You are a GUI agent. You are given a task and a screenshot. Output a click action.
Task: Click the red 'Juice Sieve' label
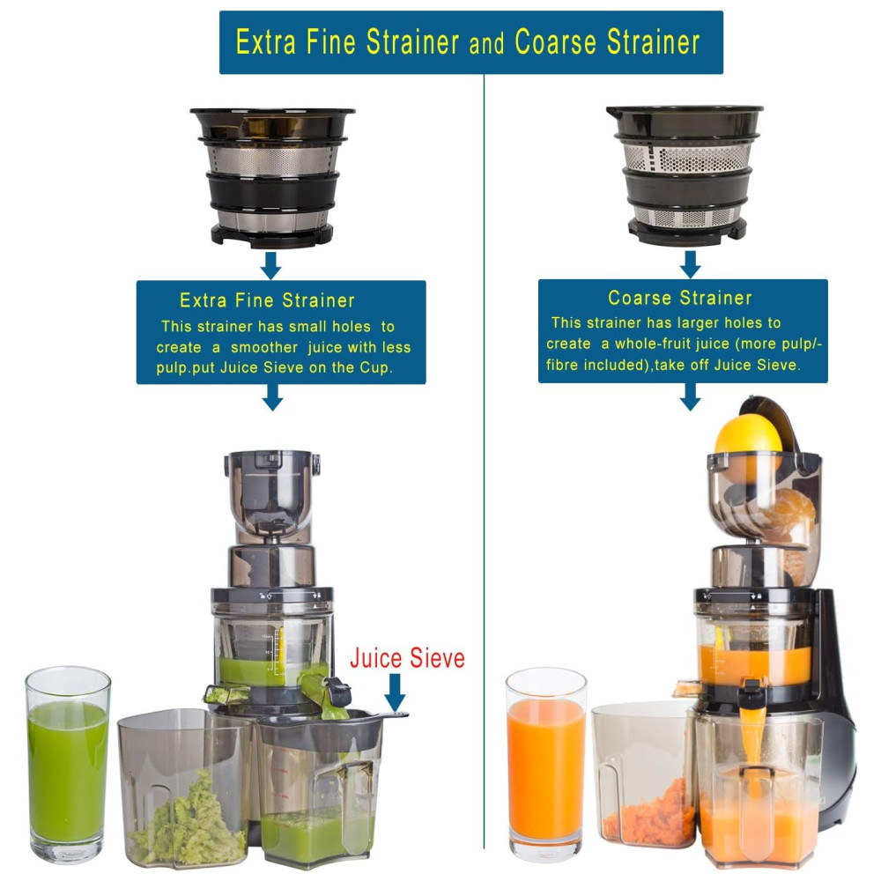407,658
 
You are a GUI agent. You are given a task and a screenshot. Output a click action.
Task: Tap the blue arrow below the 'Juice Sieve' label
395,692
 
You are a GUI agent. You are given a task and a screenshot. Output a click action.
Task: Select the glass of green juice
68,765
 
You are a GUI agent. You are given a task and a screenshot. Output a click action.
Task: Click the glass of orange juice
546,765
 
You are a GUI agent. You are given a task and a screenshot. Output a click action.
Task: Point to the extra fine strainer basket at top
272,178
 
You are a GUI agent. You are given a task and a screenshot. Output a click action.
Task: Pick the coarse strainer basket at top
685,175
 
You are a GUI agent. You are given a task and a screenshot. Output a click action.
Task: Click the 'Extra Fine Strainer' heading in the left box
267,300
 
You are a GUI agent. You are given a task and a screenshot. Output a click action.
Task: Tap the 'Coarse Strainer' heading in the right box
680,298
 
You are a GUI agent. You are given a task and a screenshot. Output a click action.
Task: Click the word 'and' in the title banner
486,44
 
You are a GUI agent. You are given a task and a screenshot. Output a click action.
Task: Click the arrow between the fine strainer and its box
270,265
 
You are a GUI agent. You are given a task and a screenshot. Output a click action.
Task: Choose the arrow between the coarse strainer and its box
690,264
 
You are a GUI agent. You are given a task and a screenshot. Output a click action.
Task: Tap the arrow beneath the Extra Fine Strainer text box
272,397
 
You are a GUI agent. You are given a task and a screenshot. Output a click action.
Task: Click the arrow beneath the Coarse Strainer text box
690,396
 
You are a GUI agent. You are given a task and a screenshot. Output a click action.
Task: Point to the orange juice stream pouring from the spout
752,736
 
